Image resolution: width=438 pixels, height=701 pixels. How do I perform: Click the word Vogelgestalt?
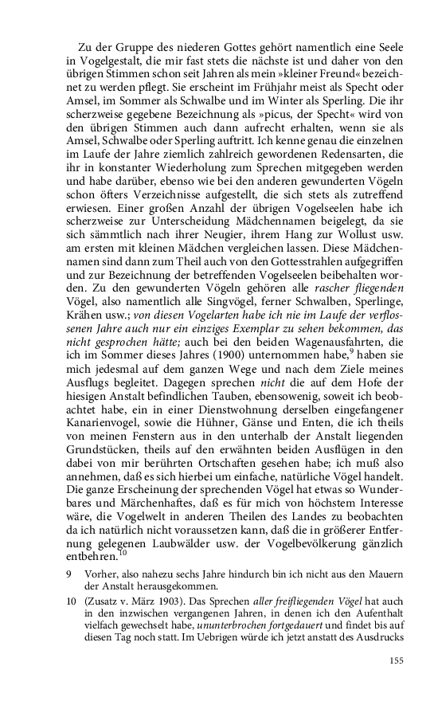point(108,59)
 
